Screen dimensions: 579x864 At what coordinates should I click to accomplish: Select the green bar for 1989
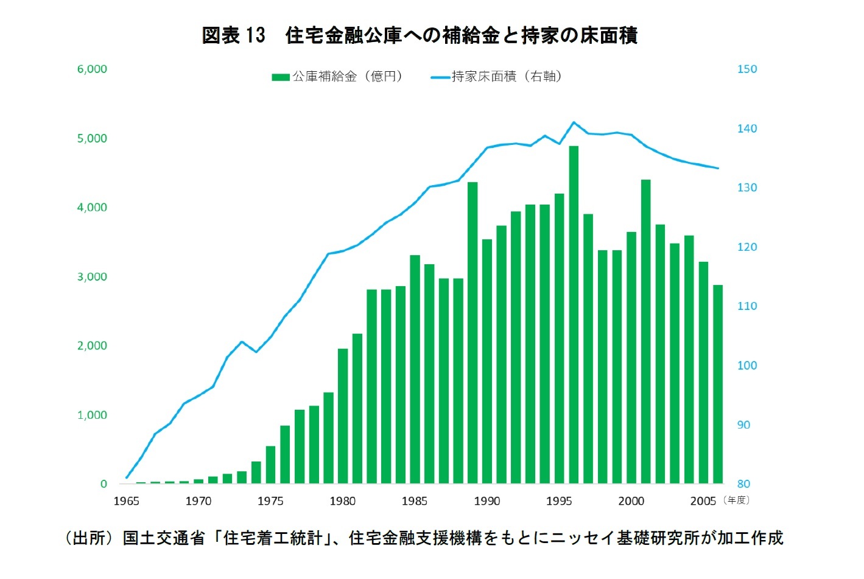tap(472, 333)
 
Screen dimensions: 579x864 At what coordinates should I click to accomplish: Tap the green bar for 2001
tap(645, 332)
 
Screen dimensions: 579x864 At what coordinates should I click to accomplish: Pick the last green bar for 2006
tap(718, 384)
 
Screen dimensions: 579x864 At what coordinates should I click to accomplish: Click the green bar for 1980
tap(343, 416)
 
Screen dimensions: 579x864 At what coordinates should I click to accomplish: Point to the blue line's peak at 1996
tap(574, 122)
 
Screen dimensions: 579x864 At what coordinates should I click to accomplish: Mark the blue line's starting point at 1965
tap(127, 477)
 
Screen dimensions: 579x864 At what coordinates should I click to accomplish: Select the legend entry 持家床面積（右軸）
tap(496, 77)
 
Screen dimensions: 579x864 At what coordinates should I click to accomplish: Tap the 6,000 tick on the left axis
tap(92, 69)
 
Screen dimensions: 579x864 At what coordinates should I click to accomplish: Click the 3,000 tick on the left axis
tap(92, 277)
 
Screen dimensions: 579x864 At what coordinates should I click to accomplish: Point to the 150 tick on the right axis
tap(747, 69)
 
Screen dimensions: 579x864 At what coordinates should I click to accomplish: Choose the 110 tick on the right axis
tap(747, 306)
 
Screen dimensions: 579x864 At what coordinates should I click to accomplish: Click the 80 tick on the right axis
tap(743, 484)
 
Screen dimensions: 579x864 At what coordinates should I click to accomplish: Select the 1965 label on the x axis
tap(127, 501)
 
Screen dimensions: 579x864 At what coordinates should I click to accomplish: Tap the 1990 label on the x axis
tap(487, 501)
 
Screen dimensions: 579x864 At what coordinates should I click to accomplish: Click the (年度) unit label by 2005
tap(737, 500)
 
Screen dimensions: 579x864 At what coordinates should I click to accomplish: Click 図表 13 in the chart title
tap(234, 35)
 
